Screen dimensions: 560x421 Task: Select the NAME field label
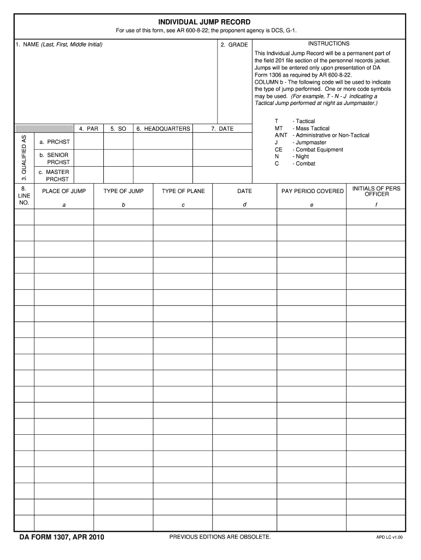(59, 44)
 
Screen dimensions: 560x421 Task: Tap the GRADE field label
(234, 44)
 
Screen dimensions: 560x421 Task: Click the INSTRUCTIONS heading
(329, 43)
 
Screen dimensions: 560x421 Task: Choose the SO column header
(118, 129)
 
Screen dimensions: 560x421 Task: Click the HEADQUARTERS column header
(163, 129)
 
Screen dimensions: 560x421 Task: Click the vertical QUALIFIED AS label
(24, 158)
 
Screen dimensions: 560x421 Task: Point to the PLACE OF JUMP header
(64, 191)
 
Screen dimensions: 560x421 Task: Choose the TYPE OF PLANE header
(183, 191)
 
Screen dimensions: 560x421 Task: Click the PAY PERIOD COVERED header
(312, 191)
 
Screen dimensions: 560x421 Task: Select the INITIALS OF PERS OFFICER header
(376, 191)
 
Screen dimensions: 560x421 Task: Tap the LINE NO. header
(24, 195)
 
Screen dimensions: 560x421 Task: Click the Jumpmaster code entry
(309, 142)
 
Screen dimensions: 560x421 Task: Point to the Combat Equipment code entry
(318, 149)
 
